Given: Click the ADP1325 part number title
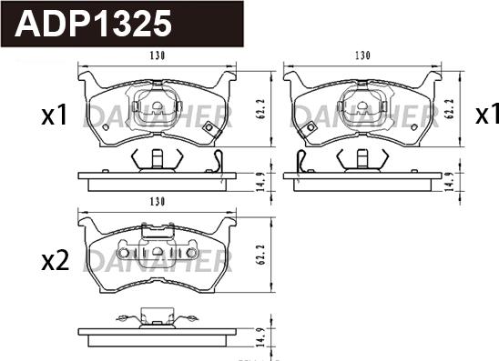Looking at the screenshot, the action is click(93, 24).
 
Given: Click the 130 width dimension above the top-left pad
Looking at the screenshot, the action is click(158, 55).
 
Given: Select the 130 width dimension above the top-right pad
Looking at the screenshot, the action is click(362, 55).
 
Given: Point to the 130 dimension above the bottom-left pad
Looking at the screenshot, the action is click(158, 202).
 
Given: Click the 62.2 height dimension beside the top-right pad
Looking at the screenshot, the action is click(450, 109).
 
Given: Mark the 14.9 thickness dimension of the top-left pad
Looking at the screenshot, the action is click(260, 182).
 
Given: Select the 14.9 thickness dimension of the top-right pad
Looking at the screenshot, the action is click(449, 182).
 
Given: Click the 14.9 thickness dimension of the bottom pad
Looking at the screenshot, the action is click(260, 336).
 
